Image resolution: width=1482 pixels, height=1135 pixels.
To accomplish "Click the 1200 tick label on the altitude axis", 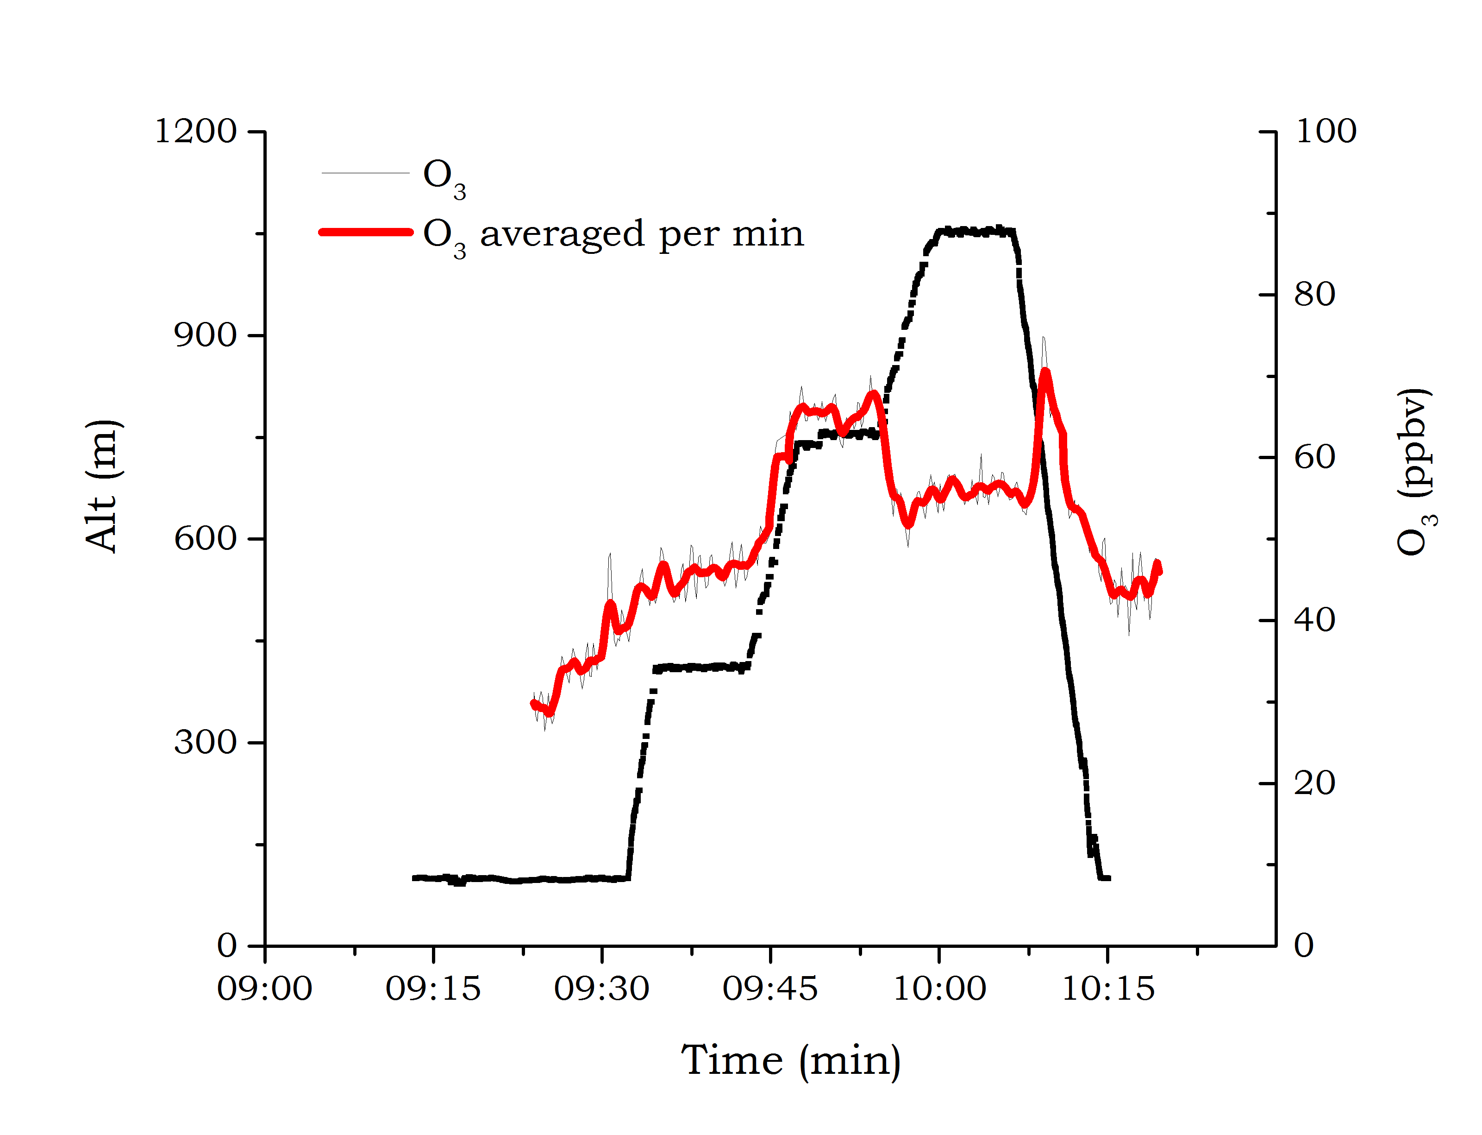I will coord(196,131).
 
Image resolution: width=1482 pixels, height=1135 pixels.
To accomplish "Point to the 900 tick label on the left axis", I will coord(205,335).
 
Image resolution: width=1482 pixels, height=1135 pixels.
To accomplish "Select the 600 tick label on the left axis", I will coord(205,538).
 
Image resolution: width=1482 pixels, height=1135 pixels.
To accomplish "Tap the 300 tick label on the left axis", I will coord(205,742).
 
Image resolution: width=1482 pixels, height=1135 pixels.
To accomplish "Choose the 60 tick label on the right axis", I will coord(1314,457).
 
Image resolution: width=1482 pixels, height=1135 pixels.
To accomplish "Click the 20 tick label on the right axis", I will coord(1314,783).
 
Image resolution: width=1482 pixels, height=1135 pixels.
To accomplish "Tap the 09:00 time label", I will coord(265,989).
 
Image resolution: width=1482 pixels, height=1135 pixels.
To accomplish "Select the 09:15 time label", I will coord(433,989).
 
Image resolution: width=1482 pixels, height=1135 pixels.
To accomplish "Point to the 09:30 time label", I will coord(601,989).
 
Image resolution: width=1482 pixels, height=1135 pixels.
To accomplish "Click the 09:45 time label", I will coord(770,989).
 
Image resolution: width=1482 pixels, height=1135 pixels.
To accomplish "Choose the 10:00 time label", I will coord(939,989).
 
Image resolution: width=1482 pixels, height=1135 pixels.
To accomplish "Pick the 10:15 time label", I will coord(1108,989).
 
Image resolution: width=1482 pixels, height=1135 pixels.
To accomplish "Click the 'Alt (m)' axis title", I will coord(103,486).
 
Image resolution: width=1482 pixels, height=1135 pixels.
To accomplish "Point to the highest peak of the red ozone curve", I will coord(1045,371).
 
